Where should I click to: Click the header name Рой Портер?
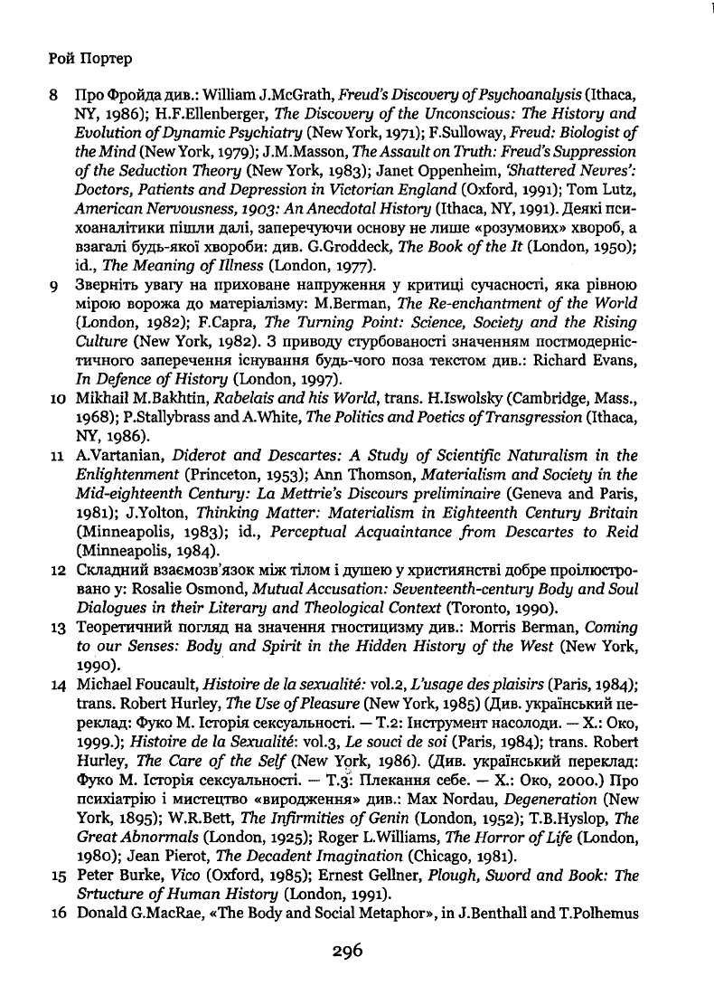click(88, 59)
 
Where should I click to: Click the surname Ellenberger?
click(221, 114)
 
